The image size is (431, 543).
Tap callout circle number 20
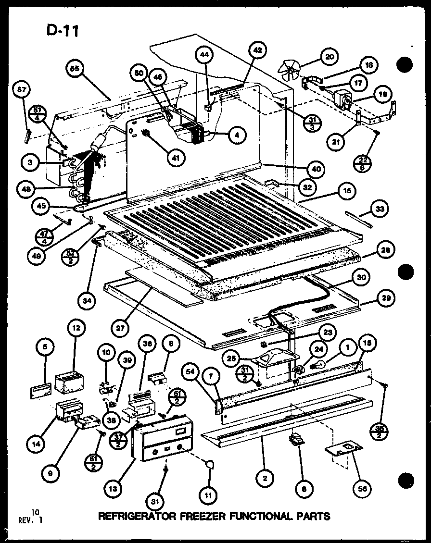coord(329,57)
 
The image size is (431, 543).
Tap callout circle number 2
coord(264,478)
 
